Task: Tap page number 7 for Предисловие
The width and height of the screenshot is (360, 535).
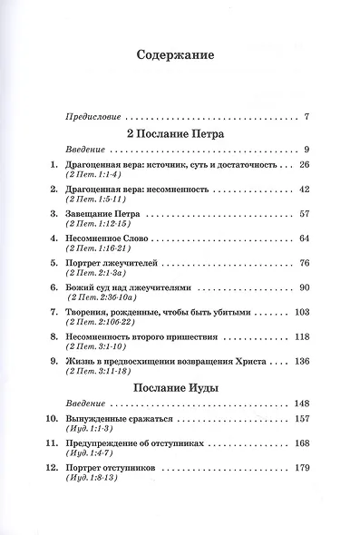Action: [308, 118]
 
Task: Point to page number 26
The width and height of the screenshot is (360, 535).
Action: [305, 166]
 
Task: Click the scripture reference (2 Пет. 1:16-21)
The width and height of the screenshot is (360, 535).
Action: [95, 248]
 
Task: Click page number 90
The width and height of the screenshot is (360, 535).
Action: [305, 287]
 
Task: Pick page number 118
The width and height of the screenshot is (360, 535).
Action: [303, 336]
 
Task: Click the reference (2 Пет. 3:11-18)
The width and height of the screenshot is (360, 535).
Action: [95, 370]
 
